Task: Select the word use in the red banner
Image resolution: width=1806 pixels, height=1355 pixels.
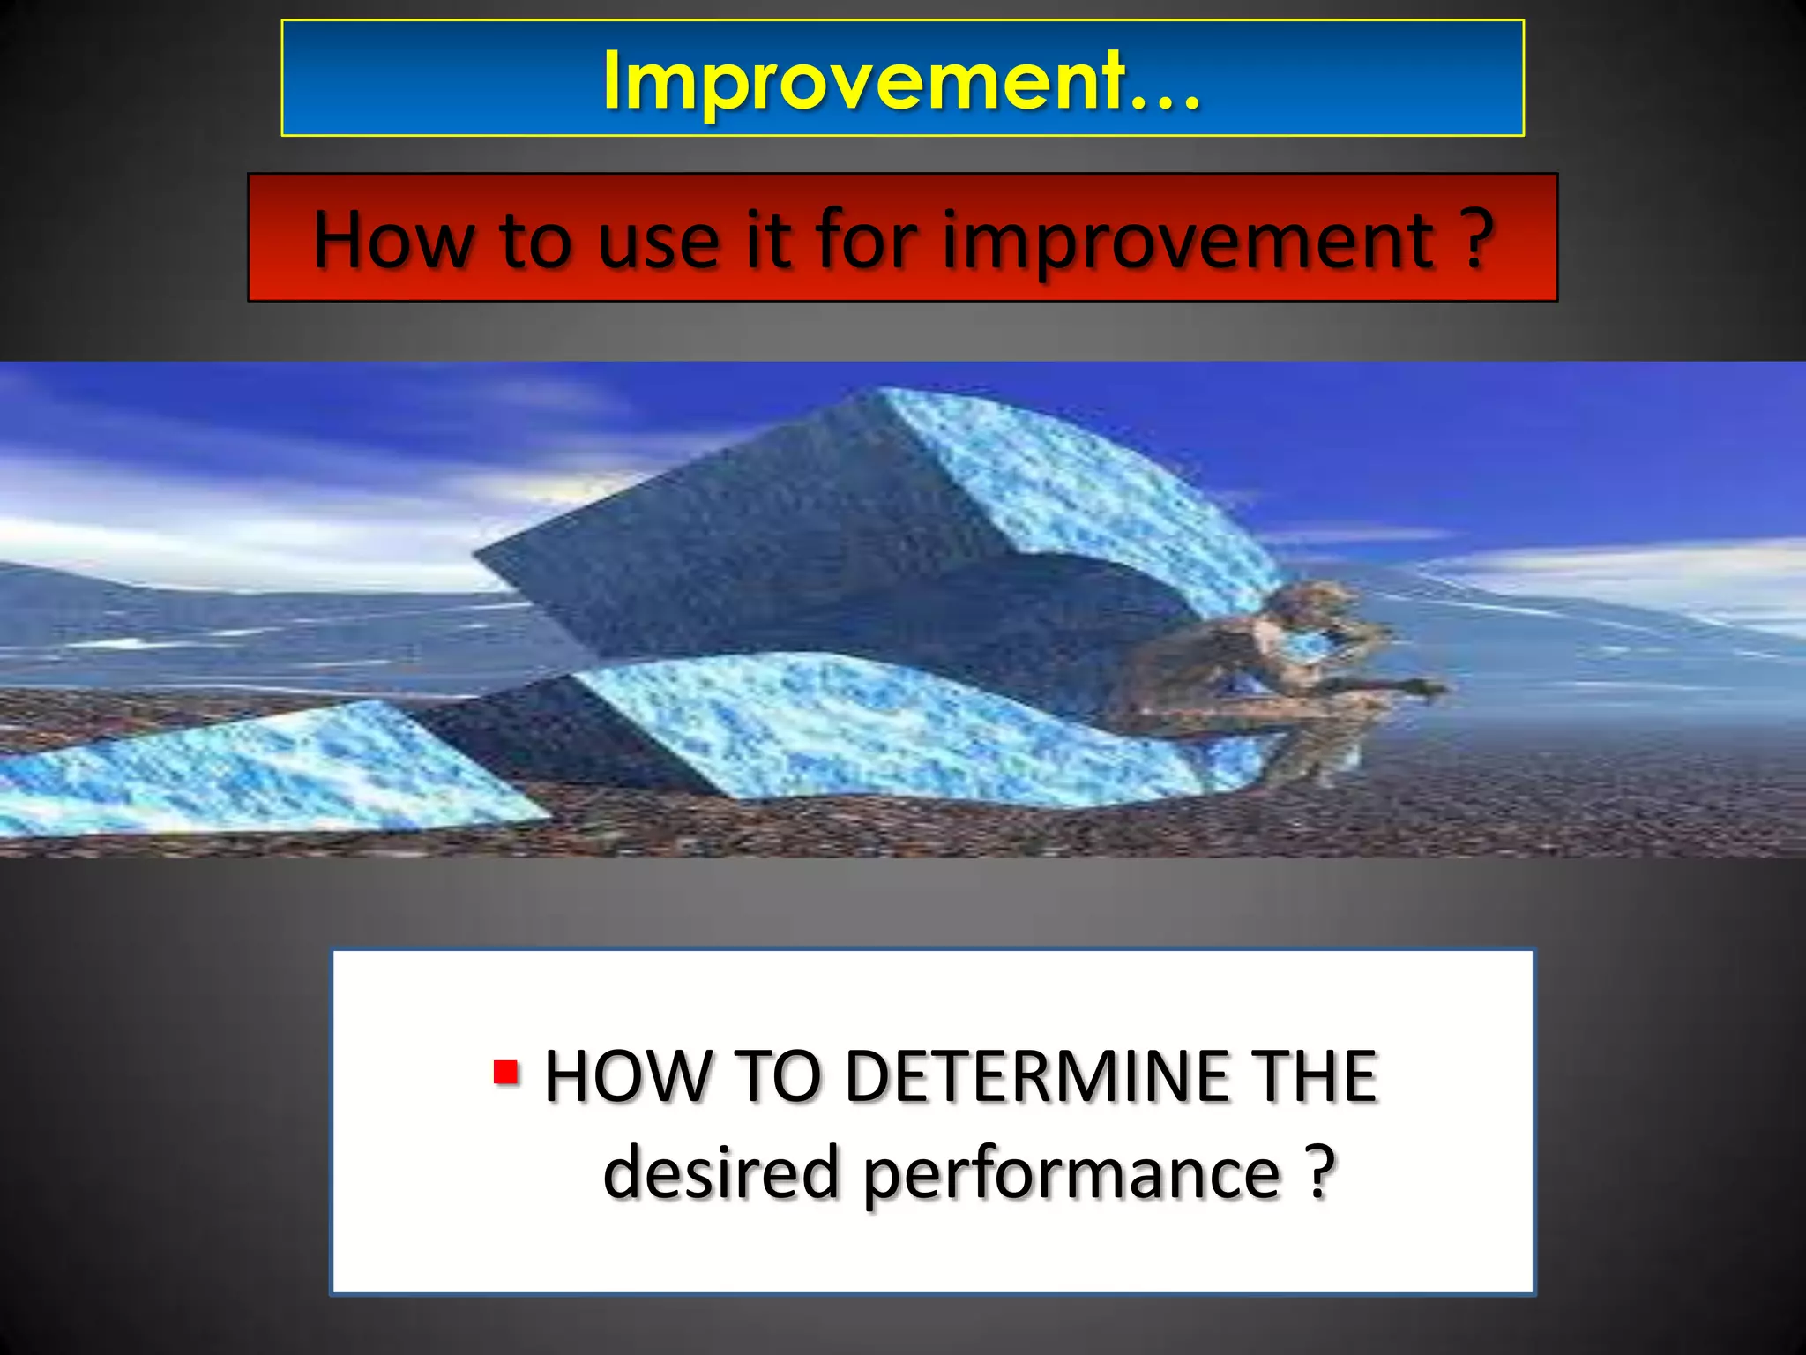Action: click(659, 242)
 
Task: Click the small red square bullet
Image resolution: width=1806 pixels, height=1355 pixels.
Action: click(506, 1072)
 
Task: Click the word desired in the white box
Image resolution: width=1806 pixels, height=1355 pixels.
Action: click(720, 1172)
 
